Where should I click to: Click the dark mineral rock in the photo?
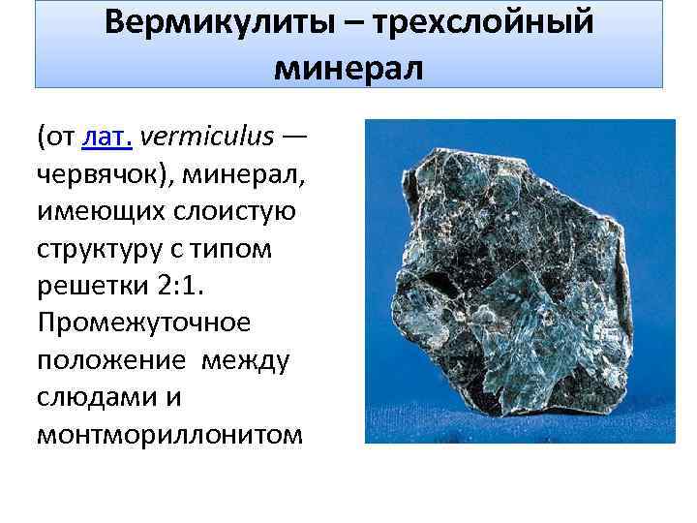point(503,281)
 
